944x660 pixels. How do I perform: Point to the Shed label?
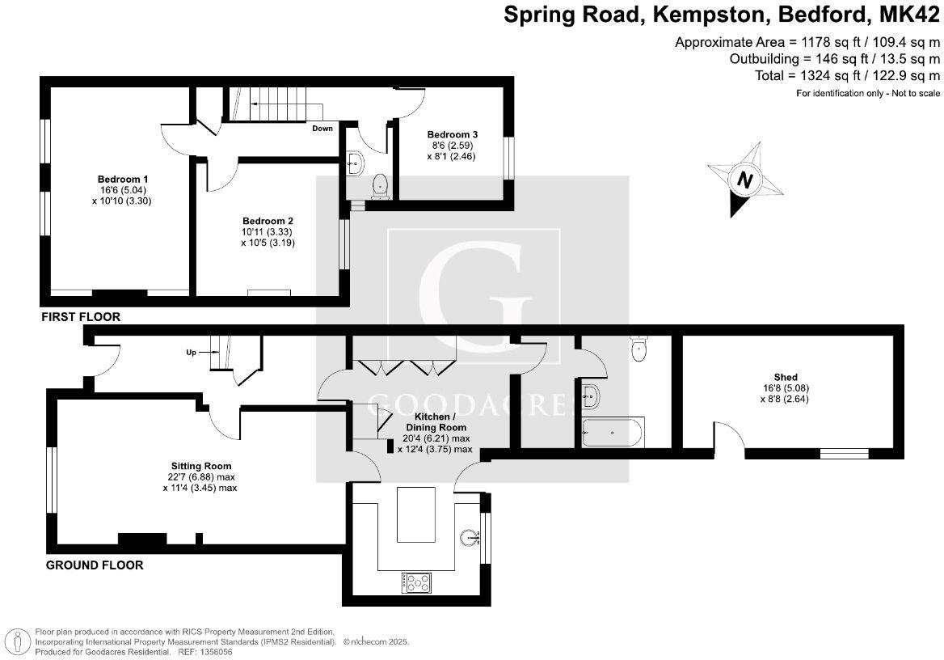[785, 377]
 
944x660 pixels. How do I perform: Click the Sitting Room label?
[200, 466]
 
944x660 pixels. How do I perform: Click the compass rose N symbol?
[744, 180]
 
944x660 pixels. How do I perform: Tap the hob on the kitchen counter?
[416, 581]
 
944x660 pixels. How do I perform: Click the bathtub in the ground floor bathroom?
[613, 433]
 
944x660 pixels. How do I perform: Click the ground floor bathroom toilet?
[638, 350]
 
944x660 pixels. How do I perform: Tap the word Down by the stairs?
[322, 129]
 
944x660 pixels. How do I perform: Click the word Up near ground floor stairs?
[191, 353]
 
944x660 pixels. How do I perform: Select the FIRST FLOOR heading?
[81, 318]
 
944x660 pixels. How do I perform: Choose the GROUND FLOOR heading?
[94, 565]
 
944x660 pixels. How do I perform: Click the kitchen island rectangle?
[415, 514]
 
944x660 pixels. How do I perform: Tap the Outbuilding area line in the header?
[834, 59]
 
